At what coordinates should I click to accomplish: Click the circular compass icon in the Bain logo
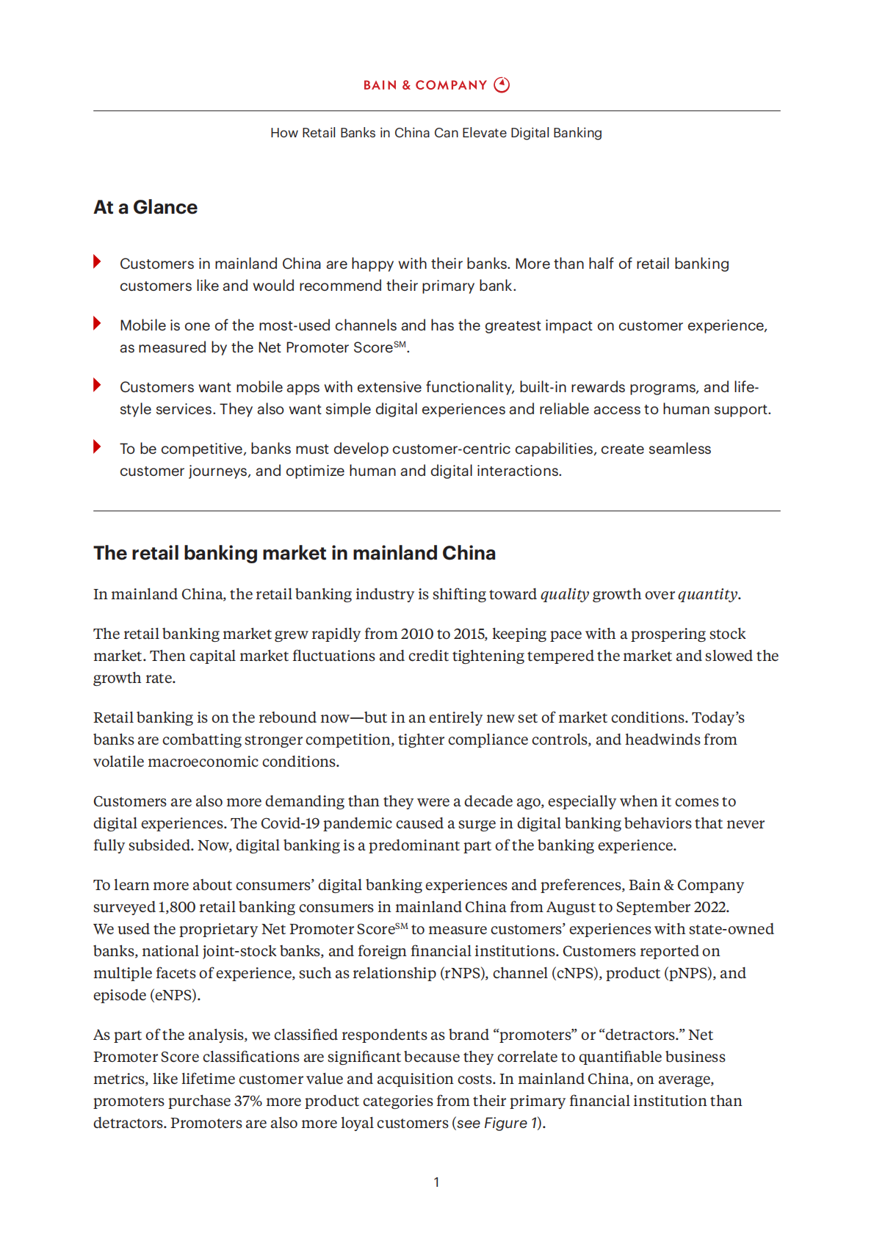pos(502,85)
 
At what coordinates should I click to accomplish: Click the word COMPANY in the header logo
pos(451,85)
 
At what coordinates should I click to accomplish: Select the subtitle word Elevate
pos(484,133)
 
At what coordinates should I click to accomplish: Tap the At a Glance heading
pos(145,208)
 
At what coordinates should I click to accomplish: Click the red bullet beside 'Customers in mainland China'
pos(98,262)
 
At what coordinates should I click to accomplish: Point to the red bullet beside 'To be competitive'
pos(98,447)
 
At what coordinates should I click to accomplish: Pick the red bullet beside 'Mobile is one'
pos(98,324)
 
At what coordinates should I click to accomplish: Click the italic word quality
pos(565,594)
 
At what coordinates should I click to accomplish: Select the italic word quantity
pos(707,594)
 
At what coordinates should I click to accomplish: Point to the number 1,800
pos(176,907)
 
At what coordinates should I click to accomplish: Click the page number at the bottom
pos(436,1182)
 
